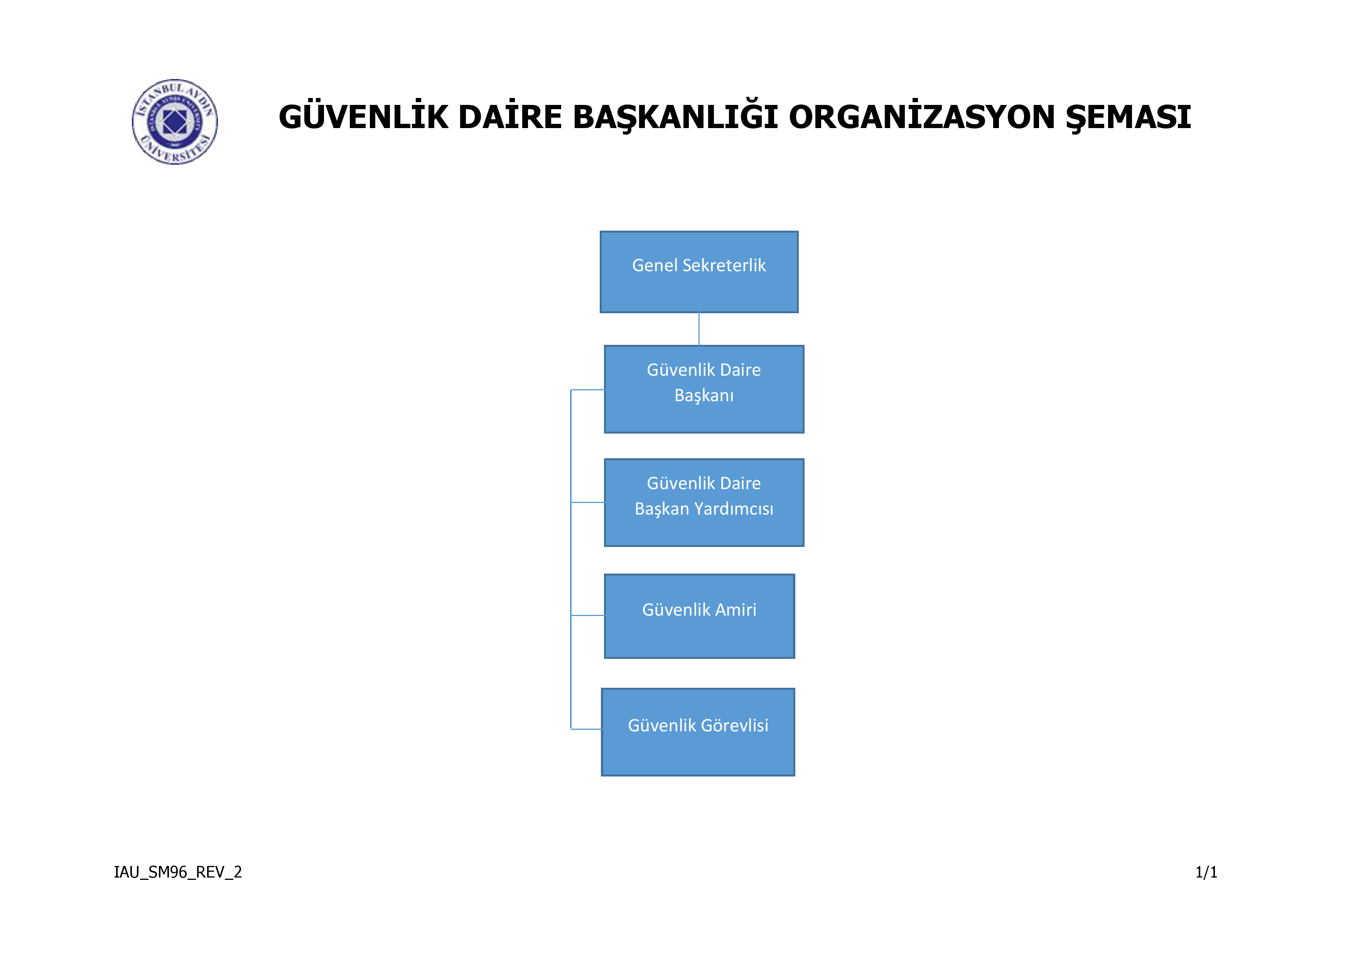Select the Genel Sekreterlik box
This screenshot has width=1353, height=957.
[x=699, y=272]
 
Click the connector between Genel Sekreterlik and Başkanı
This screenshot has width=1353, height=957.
[x=699, y=329]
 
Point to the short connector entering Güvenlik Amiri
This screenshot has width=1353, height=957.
[x=587, y=615]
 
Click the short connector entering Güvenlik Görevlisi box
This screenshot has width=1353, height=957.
[x=586, y=729]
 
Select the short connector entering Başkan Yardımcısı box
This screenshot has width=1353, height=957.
[x=587, y=502]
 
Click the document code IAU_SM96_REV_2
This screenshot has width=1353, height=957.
[x=178, y=872]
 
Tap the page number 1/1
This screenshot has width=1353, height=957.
[x=1206, y=872]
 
